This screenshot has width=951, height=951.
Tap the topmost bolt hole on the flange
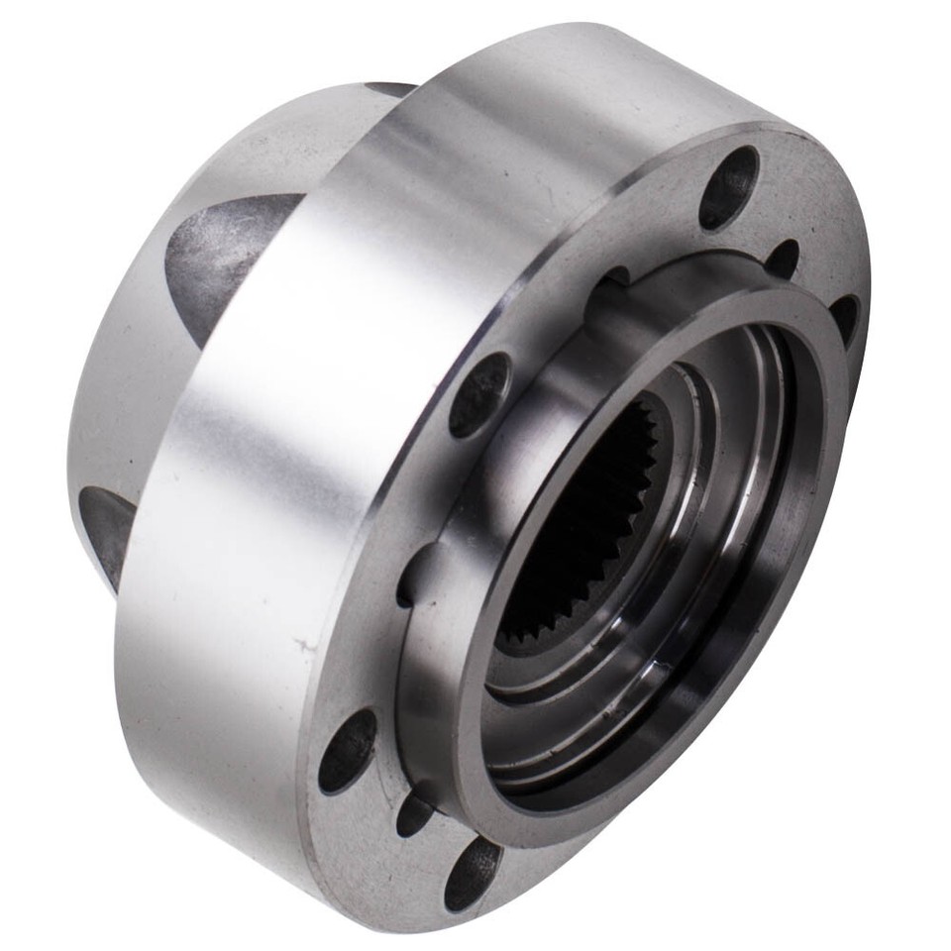(x=729, y=187)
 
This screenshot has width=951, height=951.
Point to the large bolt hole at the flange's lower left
(x=348, y=750)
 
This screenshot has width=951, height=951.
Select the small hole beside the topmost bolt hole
(x=783, y=259)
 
